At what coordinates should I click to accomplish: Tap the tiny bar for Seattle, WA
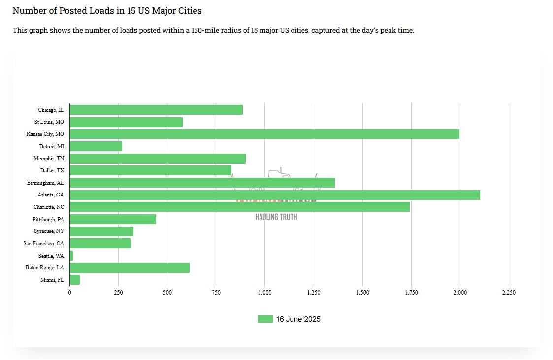(71, 256)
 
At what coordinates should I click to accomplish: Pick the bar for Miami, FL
(75, 280)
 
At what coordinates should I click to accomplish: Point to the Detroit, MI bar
(96, 146)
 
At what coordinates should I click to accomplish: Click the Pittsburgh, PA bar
(113, 219)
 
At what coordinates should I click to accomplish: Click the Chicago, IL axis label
(51, 110)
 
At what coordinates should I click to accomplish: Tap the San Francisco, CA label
(44, 243)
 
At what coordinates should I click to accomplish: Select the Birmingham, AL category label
(45, 183)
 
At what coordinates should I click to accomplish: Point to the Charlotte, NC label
(49, 207)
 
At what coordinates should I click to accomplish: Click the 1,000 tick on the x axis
(265, 293)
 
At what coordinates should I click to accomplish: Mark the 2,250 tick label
(509, 293)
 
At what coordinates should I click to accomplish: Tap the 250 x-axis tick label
(118, 293)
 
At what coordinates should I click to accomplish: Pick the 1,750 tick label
(411, 293)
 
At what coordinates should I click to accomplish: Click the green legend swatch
(265, 319)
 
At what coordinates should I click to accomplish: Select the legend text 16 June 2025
(298, 319)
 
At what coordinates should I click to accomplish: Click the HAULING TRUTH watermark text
(276, 217)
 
